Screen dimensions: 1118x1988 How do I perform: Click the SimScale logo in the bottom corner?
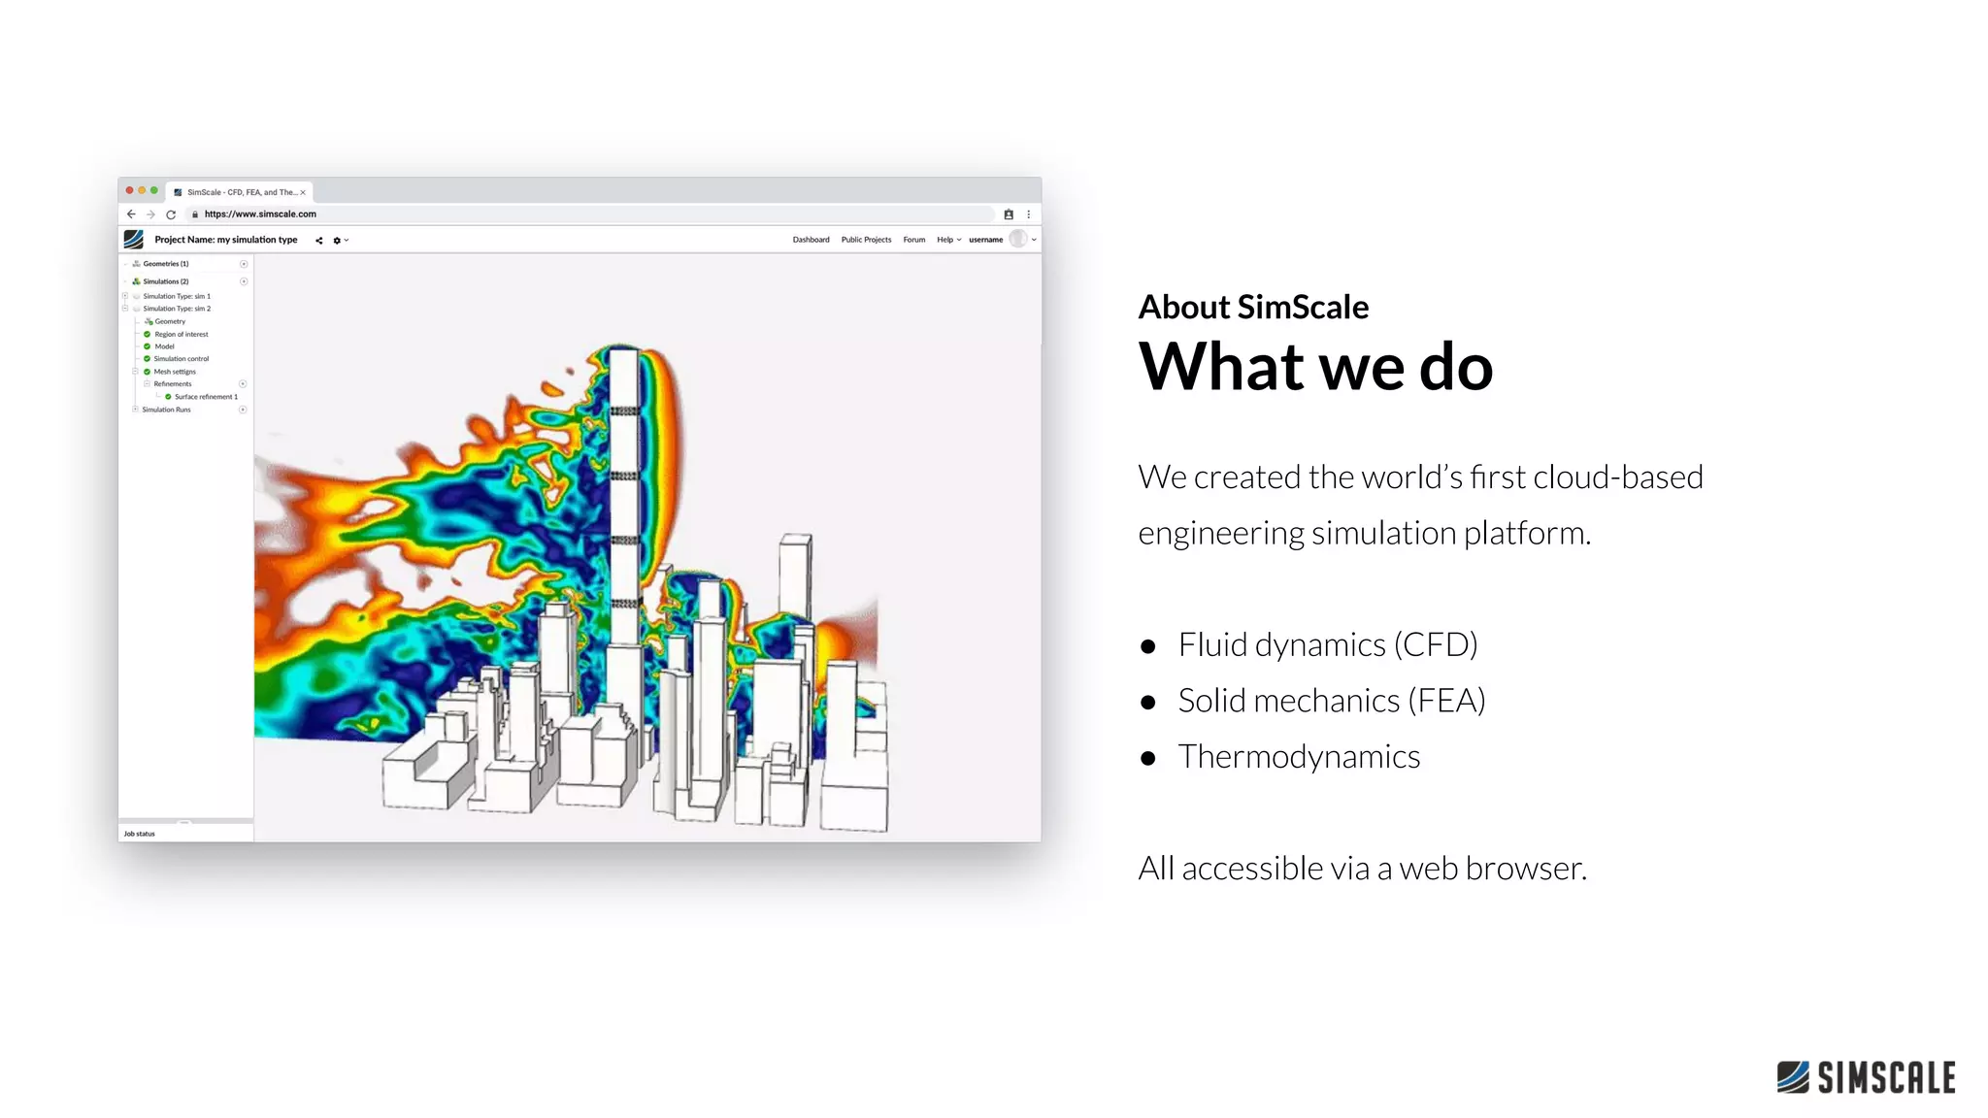[x=1866, y=1077]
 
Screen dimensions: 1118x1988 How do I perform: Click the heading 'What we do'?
[x=1315, y=367]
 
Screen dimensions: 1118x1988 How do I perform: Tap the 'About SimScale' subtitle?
[x=1253, y=307]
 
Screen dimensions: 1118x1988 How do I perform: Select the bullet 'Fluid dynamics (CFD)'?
[x=1327, y=644]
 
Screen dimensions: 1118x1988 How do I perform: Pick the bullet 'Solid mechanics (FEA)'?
[x=1331, y=701]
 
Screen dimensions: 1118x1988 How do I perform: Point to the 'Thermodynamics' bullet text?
[x=1299, y=757]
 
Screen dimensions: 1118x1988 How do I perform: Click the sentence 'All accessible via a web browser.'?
[x=1362, y=868]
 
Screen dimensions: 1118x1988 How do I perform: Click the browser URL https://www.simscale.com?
[x=260, y=214]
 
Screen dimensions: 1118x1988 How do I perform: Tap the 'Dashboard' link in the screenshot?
[x=811, y=240]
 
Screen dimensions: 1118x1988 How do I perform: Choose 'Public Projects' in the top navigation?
[x=866, y=240]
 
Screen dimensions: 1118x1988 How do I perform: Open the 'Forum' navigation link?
[x=914, y=240]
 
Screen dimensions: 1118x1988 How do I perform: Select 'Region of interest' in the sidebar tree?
[x=182, y=334]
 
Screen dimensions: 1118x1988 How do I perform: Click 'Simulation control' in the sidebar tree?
[x=182, y=359]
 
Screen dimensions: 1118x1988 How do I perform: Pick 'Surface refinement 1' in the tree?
[x=206, y=397]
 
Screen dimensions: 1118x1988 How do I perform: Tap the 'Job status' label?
[x=140, y=834]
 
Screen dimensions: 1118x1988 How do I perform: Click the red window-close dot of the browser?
[x=130, y=190]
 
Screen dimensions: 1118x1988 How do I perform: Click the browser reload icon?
[x=171, y=214]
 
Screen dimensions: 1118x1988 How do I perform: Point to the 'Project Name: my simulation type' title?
[x=226, y=240]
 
